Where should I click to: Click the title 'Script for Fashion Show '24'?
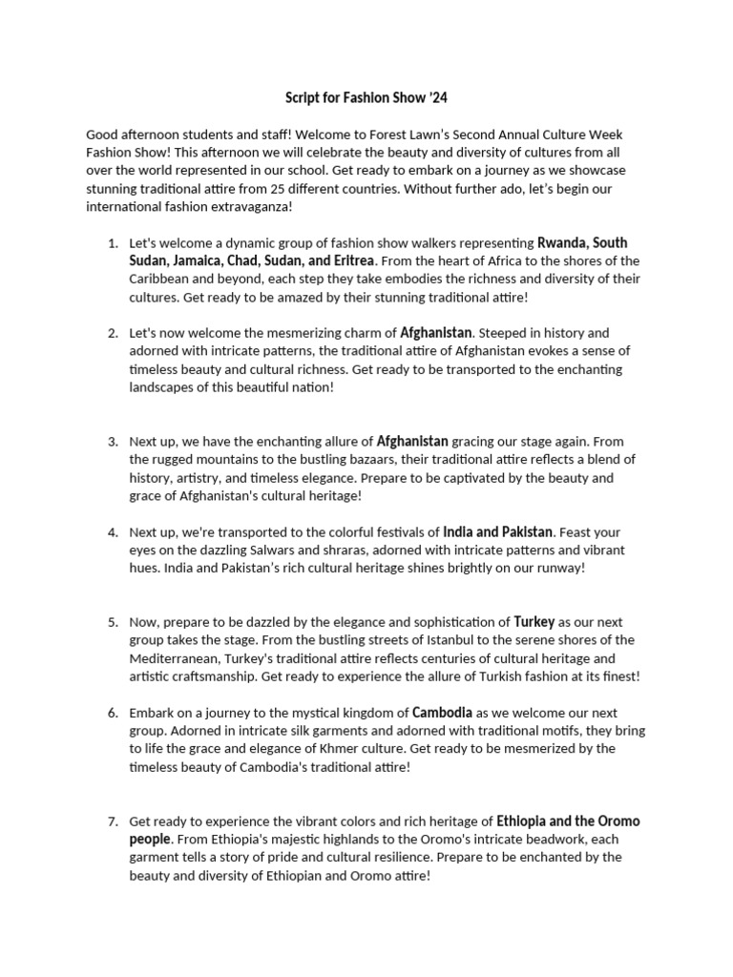pyautogui.click(x=366, y=98)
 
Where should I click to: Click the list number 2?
pyautogui.click(x=112, y=333)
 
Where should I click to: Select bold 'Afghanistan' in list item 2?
pyautogui.click(x=435, y=333)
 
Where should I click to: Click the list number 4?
pyautogui.click(x=112, y=531)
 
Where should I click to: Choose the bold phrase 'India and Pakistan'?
pyautogui.click(x=497, y=531)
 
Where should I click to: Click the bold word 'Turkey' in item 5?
pyautogui.click(x=534, y=621)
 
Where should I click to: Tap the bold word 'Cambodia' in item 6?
pyautogui.click(x=442, y=712)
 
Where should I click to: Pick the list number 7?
pyautogui.click(x=112, y=821)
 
